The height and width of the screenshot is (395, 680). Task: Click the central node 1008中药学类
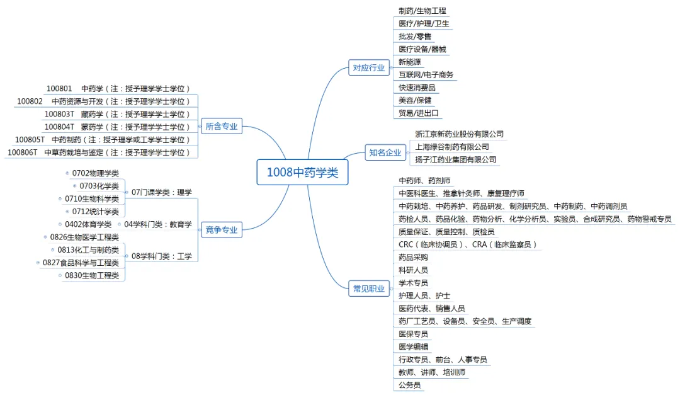click(x=302, y=173)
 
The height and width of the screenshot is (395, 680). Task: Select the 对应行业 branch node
click(x=368, y=68)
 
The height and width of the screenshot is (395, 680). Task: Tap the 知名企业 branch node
click(x=385, y=152)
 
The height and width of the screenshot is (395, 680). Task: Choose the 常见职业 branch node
click(x=368, y=289)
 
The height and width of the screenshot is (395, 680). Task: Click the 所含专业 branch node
click(x=222, y=127)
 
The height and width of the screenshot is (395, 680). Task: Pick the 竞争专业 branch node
click(x=222, y=230)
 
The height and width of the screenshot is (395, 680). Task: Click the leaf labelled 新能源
click(x=411, y=62)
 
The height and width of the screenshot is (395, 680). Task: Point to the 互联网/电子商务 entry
click(x=426, y=75)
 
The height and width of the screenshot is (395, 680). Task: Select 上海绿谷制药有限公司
click(x=452, y=147)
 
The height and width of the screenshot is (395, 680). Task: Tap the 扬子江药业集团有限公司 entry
click(x=456, y=159)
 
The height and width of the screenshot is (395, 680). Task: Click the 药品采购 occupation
click(x=413, y=257)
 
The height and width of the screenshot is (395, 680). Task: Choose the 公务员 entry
click(x=409, y=385)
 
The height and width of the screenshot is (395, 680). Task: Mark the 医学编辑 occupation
click(x=413, y=346)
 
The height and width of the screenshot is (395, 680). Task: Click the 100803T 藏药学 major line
click(x=117, y=114)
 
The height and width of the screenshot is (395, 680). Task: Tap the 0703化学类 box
click(x=98, y=186)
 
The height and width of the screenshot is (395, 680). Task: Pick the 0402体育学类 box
click(x=88, y=224)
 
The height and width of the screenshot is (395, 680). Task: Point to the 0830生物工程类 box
click(x=92, y=275)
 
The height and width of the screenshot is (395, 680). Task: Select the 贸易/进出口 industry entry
click(x=419, y=113)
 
